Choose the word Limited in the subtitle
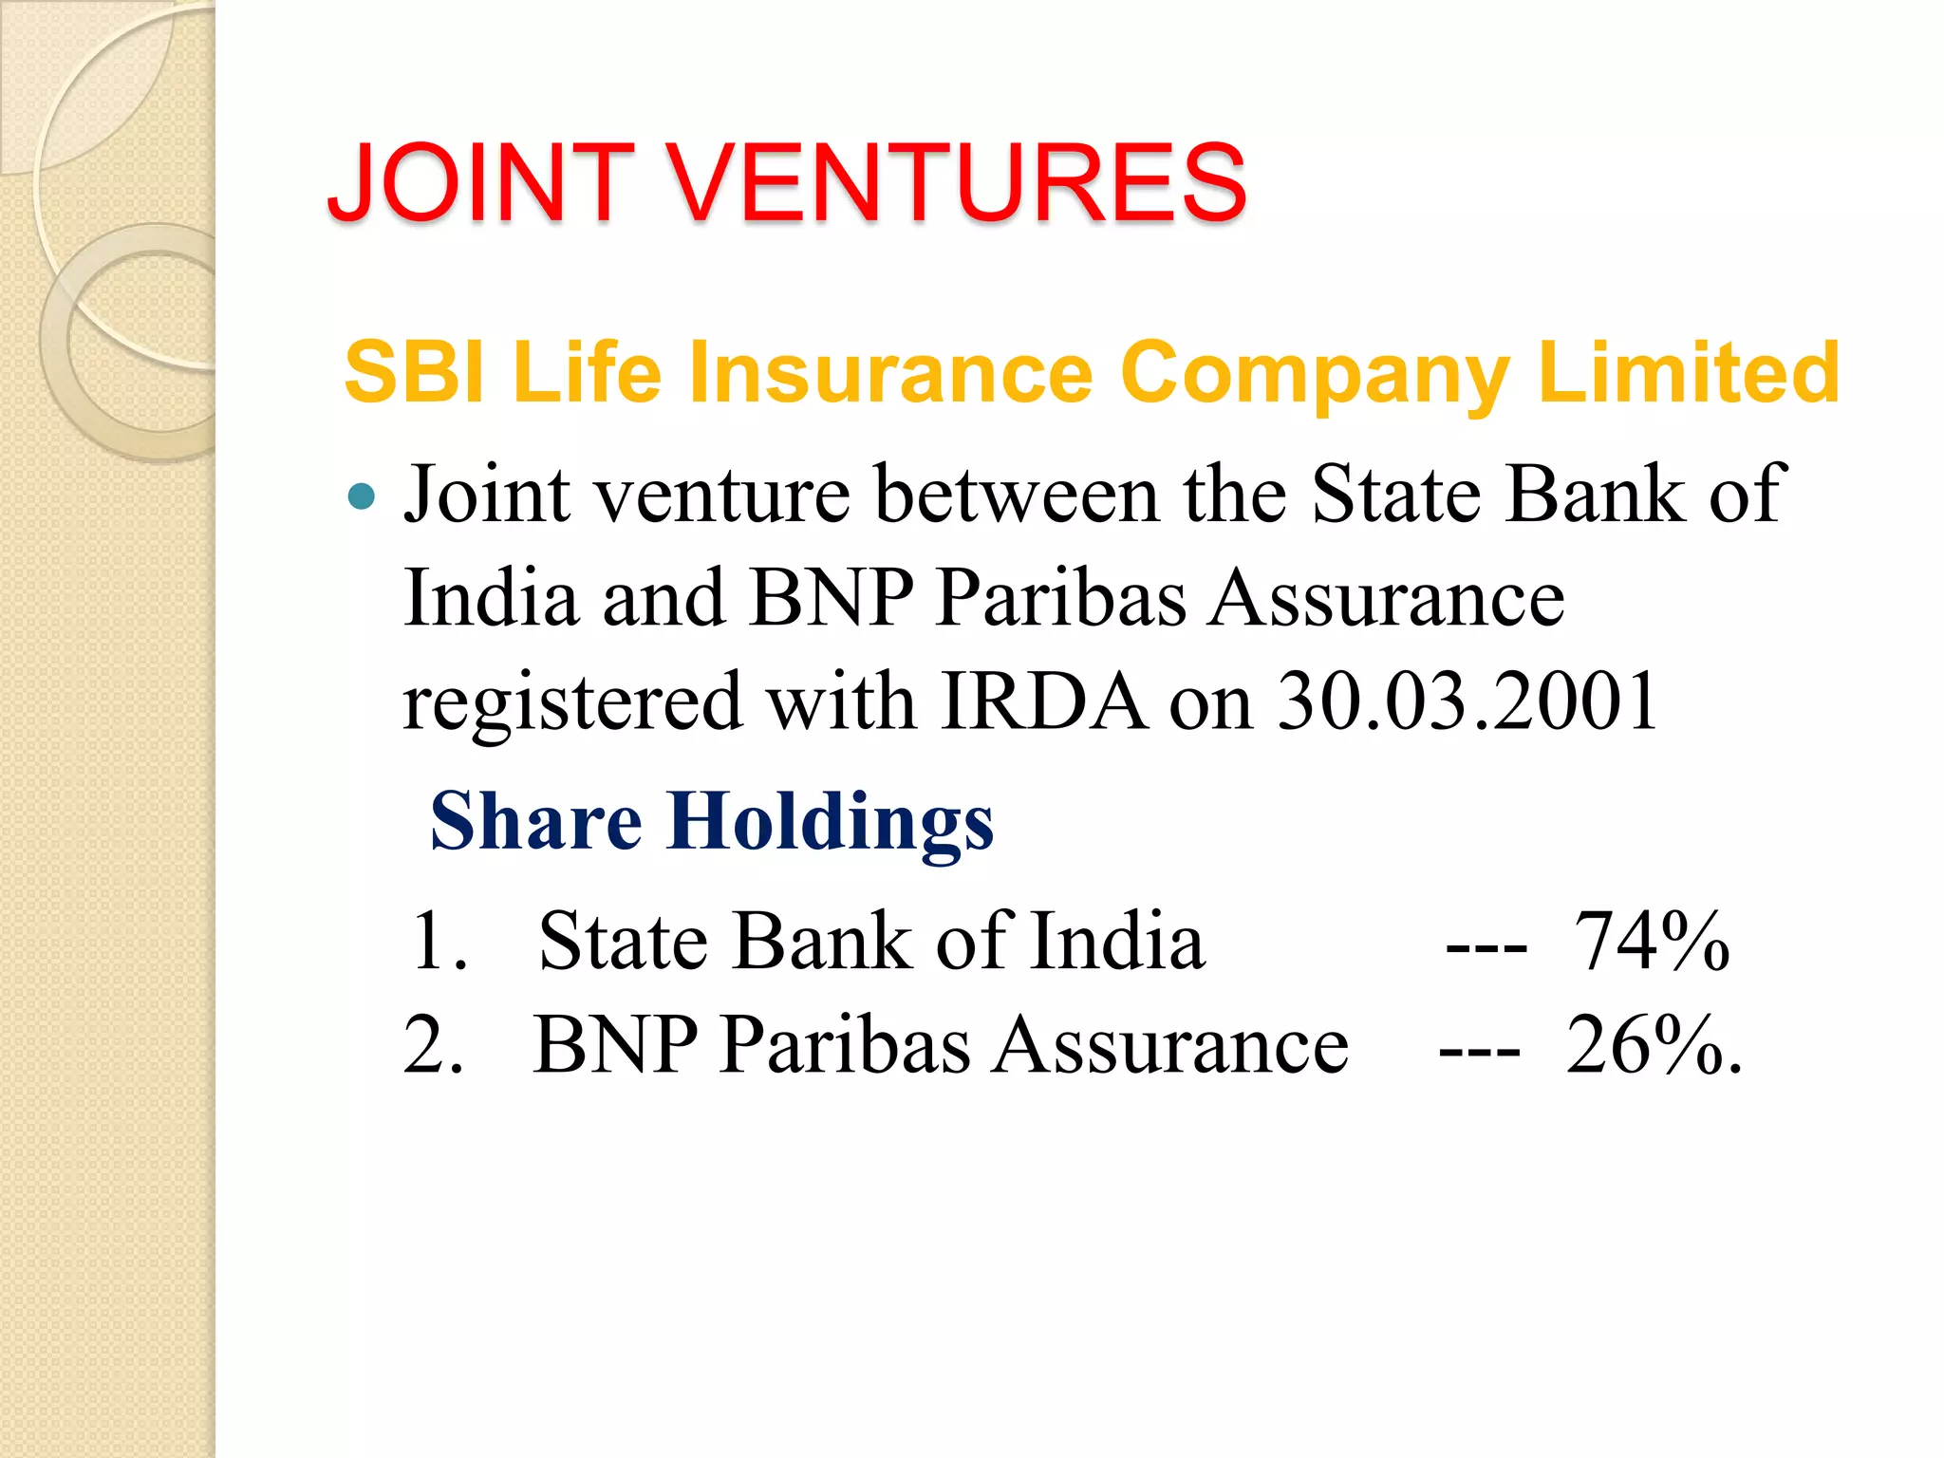pyautogui.click(x=1689, y=372)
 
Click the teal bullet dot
pyautogui.click(x=362, y=495)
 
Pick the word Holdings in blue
pyautogui.click(x=831, y=822)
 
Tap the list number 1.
pyautogui.click(x=439, y=942)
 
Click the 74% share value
pyautogui.click(x=1652, y=942)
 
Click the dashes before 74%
pyautogui.click(x=1486, y=947)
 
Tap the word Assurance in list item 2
pyautogui.click(x=1169, y=1045)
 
